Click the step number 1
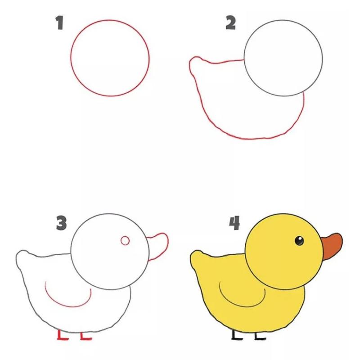(x=59, y=22)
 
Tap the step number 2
(x=230, y=23)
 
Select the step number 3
(x=61, y=223)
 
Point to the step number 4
(x=234, y=223)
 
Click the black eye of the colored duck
(x=299, y=241)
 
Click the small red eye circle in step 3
(x=125, y=241)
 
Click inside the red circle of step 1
(x=110, y=58)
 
